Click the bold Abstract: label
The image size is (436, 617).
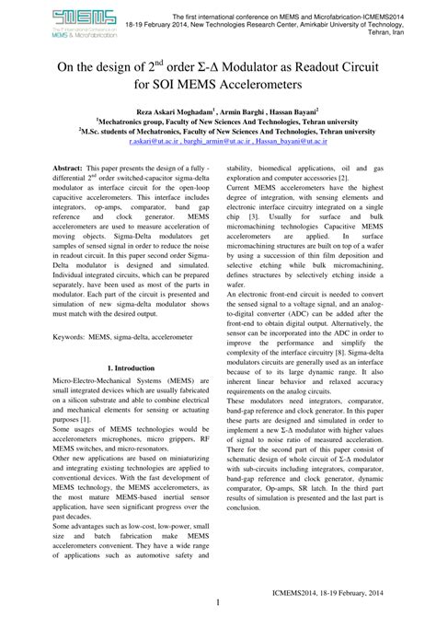[67, 171]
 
